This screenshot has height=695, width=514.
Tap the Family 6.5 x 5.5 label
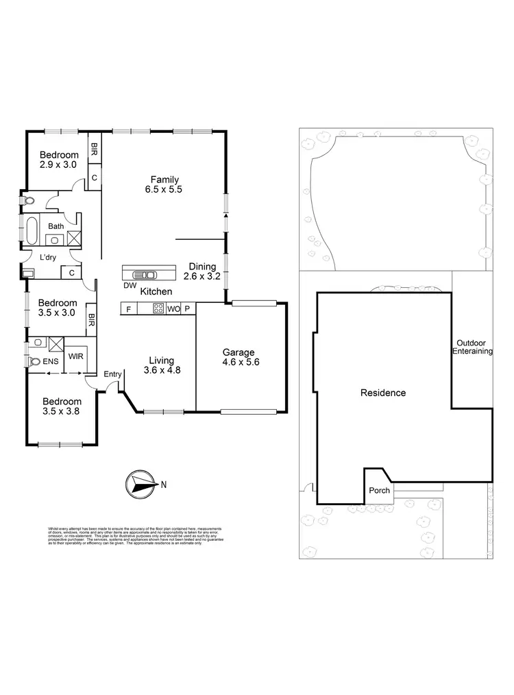165,184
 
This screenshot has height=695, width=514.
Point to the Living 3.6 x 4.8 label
162,365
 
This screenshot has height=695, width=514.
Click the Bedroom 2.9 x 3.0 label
58,160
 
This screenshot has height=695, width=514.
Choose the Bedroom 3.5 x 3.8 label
62,406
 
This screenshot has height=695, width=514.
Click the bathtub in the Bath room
32,230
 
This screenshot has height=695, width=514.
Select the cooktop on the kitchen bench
158,309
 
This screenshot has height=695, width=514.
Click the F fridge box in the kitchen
128,309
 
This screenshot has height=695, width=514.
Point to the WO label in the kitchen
173,309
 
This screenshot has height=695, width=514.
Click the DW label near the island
129,285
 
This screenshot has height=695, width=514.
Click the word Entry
112,374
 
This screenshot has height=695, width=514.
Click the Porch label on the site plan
379,490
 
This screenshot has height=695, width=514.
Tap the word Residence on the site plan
383,393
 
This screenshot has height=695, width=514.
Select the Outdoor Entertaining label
472,347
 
